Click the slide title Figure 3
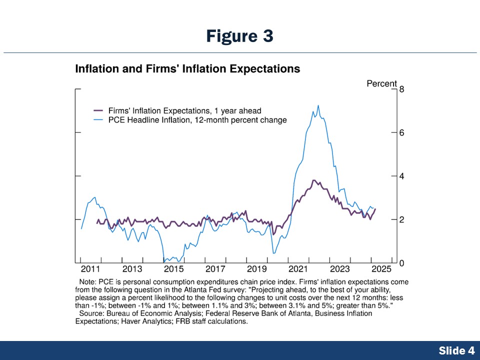pyautogui.click(x=239, y=36)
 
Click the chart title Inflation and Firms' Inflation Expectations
pyautogui.click(x=187, y=69)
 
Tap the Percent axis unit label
pyautogui.click(x=381, y=83)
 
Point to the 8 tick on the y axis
pyautogui.click(x=401, y=89)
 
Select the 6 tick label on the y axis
pyautogui.click(x=401, y=133)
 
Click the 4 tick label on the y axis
pyautogui.click(x=401, y=176)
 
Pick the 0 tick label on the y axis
pyautogui.click(x=401, y=263)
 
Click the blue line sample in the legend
pyautogui.click(x=98, y=120)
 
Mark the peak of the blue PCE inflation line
pyautogui.click(x=318, y=105)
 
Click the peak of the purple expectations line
pyautogui.click(x=313, y=180)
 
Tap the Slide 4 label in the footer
pyautogui.click(x=456, y=350)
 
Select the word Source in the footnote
pyautogui.click(x=91, y=313)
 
